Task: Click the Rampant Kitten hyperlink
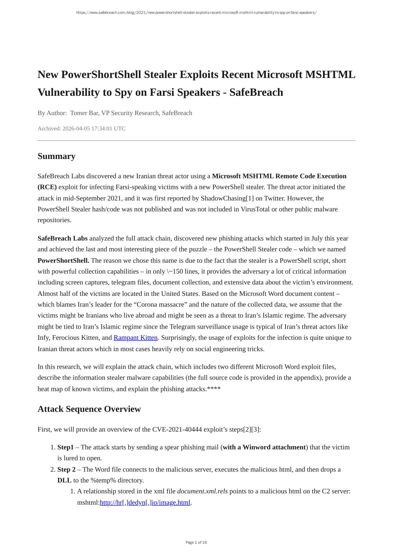pos(135,338)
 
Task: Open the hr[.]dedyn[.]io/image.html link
pos(145,503)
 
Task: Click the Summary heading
pos(56,156)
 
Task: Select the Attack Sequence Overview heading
pos(89,409)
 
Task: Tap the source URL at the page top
pos(196,13)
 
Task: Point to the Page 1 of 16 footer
pos(196,542)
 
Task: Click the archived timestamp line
pos(81,128)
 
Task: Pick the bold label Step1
pos(65,447)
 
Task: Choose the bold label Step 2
pos(66,469)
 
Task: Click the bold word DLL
pos(64,480)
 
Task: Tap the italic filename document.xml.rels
pos(202,491)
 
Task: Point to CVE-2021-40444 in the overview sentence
pos(177,429)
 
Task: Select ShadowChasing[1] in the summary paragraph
pos(227,198)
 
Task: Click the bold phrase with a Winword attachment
pos(264,447)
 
